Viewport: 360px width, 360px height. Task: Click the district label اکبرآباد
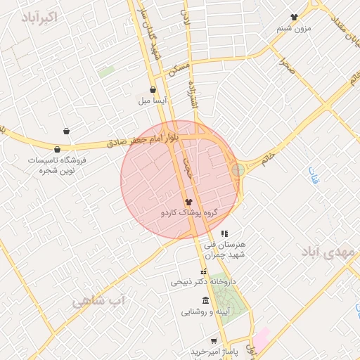(39, 18)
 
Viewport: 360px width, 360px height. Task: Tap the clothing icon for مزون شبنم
(294, 17)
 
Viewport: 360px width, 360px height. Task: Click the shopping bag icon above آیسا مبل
(153, 89)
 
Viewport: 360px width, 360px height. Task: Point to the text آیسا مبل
(153, 101)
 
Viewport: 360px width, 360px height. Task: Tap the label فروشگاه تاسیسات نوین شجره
(56, 165)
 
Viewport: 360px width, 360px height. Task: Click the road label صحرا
(285, 67)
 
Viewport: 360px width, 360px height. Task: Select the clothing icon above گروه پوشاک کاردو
(188, 201)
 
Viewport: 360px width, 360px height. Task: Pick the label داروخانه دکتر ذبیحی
(203, 282)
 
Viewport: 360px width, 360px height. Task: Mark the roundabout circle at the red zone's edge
(238, 169)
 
